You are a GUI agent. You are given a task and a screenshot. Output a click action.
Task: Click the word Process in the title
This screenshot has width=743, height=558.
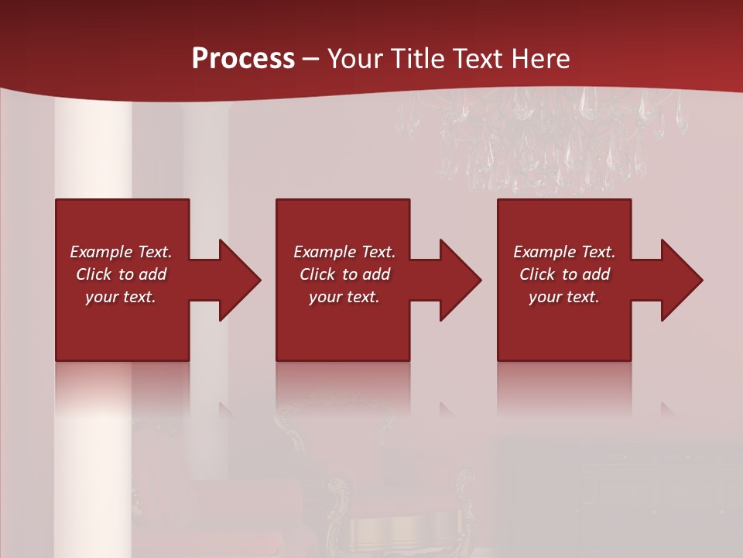coord(243,59)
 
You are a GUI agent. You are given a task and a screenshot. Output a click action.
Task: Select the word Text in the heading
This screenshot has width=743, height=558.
coord(478,59)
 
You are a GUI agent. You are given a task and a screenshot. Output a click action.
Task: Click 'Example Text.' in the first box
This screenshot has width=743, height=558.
coord(121,252)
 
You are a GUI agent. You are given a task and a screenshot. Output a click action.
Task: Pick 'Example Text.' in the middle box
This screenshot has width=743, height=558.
coord(344,252)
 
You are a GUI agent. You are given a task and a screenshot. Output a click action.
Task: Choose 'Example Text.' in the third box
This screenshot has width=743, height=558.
coord(564,252)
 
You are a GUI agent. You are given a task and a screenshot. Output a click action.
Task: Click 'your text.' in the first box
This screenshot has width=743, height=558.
coord(121,297)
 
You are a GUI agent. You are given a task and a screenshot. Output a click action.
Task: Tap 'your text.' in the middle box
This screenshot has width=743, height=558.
coord(344,297)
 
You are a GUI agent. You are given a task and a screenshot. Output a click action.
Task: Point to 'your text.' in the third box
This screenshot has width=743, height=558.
coord(564,297)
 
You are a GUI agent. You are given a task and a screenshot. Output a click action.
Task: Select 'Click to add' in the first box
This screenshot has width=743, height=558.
coord(121,274)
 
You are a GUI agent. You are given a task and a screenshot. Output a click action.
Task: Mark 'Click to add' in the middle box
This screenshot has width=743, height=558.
coord(344,274)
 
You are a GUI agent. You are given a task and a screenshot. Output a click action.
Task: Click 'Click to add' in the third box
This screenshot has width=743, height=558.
coord(564,274)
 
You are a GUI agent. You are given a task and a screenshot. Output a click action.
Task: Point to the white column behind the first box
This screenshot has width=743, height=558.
coord(93,155)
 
